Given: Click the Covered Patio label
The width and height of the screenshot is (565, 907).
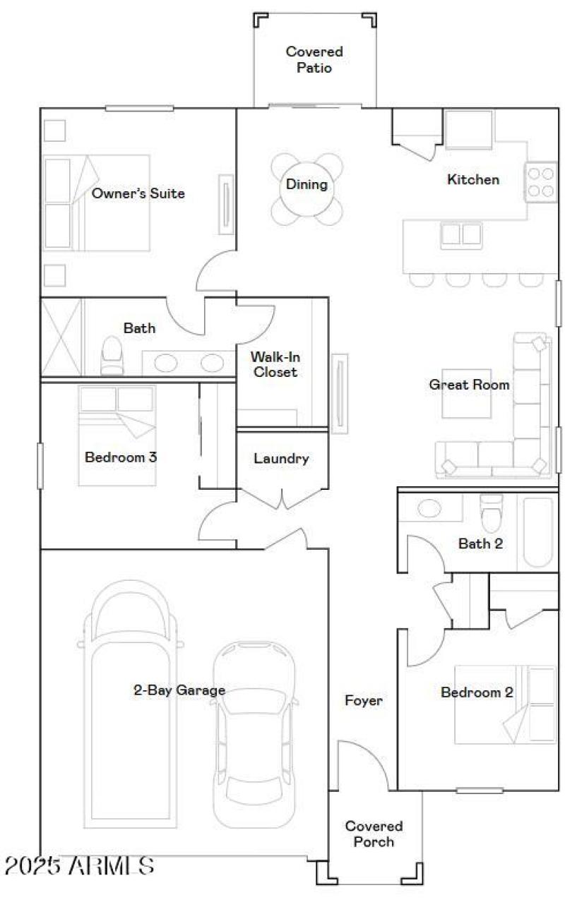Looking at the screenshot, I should coord(314,60).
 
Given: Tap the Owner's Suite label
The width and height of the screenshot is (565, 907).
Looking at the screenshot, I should coord(138,193).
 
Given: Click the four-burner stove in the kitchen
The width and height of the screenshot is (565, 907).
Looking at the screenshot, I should coord(540,181).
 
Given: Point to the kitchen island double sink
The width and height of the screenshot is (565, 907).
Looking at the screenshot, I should coord(461,234).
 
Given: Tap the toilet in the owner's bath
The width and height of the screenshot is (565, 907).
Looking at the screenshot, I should coord(112,354).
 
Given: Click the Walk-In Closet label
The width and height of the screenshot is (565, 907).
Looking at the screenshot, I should coord(275,364).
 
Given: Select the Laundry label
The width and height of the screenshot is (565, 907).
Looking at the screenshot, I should coord(281,459).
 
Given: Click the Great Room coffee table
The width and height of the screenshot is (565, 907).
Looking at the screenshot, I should coord(466,393).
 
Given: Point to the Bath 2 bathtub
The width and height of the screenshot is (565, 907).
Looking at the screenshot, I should coord(538,533).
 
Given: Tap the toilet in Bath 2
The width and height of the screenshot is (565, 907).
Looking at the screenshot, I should coord(490,513).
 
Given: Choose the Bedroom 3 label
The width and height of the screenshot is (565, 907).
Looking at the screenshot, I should coord(121,457).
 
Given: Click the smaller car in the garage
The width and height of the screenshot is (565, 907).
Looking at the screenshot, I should coord(254,734).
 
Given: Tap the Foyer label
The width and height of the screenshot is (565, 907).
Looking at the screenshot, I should coord(364,701).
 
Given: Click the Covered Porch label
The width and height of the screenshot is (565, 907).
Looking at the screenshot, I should coord(374,834).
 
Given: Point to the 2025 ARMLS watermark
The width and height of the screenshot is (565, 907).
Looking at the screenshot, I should coord(79,865).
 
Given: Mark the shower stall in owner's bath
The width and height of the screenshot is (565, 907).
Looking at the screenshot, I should coord(61,337).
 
